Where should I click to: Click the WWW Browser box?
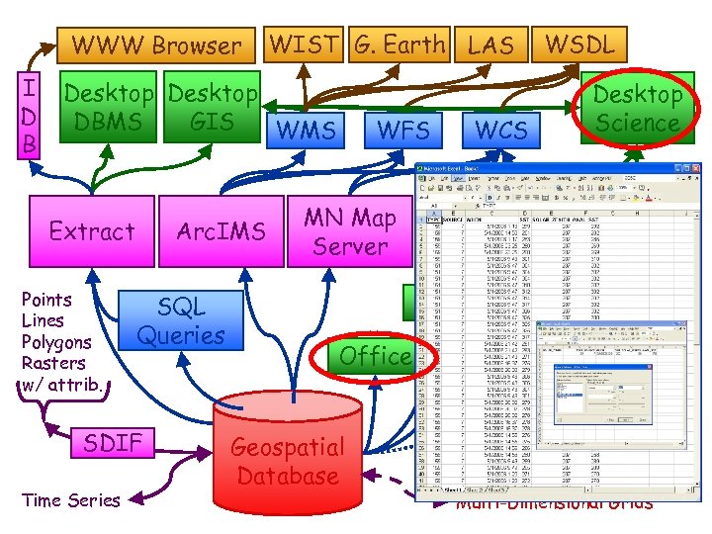156,45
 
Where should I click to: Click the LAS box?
490,44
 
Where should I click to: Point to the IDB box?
31,117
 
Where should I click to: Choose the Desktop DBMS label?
109,108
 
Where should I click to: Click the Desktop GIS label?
212,108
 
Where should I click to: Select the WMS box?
306,130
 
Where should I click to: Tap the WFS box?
403,130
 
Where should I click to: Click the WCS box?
501,130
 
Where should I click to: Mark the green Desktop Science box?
637,109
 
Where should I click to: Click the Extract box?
92,231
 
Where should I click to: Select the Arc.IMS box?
222,231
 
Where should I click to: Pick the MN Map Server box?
349,231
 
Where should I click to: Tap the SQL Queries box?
181,320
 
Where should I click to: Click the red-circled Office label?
375,355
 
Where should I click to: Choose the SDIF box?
113,443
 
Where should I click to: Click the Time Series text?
70,500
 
